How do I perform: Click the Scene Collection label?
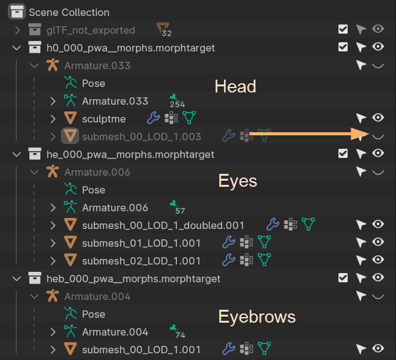coord(69,12)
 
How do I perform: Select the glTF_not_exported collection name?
coord(91,29)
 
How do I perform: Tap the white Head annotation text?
coord(235,86)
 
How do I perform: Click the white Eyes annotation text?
coord(237,181)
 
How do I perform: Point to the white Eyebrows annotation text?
coord(256,317)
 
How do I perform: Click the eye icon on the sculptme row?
coord(378,118)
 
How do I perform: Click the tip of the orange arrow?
coord(365,134)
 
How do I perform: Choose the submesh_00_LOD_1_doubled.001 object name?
coord(163,225)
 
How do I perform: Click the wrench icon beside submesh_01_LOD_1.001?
coord(228,243)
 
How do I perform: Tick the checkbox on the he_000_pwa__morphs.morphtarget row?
coord(343,154)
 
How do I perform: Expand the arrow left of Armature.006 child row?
coord(53,208)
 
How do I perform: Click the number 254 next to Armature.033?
coord(177,105)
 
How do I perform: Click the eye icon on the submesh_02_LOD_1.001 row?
coord(378,261)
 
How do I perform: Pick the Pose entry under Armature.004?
coord(94,314)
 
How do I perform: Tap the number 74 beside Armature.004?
coord(179,336)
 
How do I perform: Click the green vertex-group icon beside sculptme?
coord(189,118)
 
